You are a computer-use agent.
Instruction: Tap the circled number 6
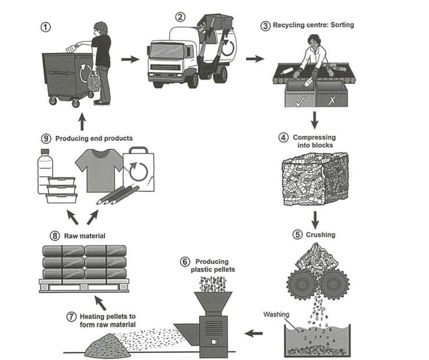point(185,262)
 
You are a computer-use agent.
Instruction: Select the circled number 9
point(46,138)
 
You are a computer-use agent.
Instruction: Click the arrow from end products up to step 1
point(81,123)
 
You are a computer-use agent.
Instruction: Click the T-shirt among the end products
point(99,168)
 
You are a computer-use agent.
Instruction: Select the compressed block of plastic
point(314,181)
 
